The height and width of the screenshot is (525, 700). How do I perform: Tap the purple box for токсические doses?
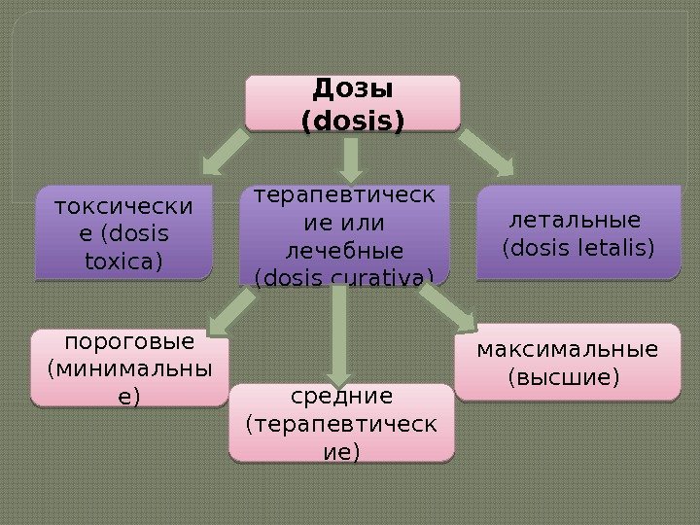(123, 233)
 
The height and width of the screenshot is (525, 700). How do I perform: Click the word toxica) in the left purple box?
(123, 261)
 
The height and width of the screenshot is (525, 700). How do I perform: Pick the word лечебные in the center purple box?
(345, 255)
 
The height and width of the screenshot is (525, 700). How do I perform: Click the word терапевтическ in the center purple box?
(345, 198)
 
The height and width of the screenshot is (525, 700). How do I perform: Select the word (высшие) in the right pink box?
(564, 375)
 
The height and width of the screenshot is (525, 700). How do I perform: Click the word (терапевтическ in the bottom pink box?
(342, 425)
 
